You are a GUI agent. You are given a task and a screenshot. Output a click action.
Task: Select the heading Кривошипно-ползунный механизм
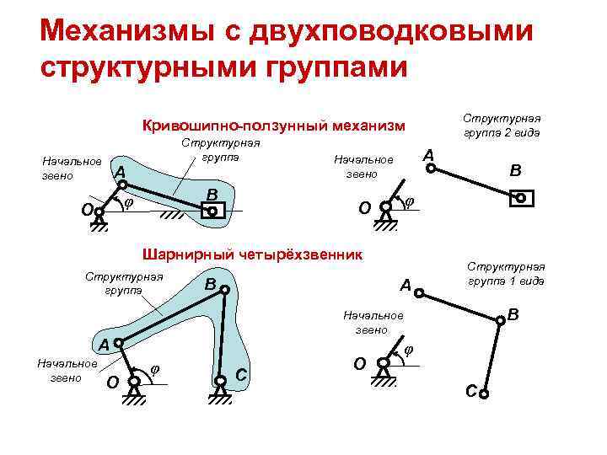(x=274, y=126)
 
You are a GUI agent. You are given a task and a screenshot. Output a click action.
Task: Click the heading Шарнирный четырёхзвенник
(x=253, y=254)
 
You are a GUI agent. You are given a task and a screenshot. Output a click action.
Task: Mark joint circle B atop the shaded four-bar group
(x=224, y=289)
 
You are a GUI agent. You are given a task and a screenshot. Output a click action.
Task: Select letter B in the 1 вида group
(x=513, y=317)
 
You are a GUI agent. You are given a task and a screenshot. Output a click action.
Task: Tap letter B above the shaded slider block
(x=212, y=195)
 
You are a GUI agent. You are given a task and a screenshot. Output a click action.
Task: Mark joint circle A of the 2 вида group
(x=431, y=169)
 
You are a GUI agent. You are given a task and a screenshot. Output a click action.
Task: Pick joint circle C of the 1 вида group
(x=485, y=389)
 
